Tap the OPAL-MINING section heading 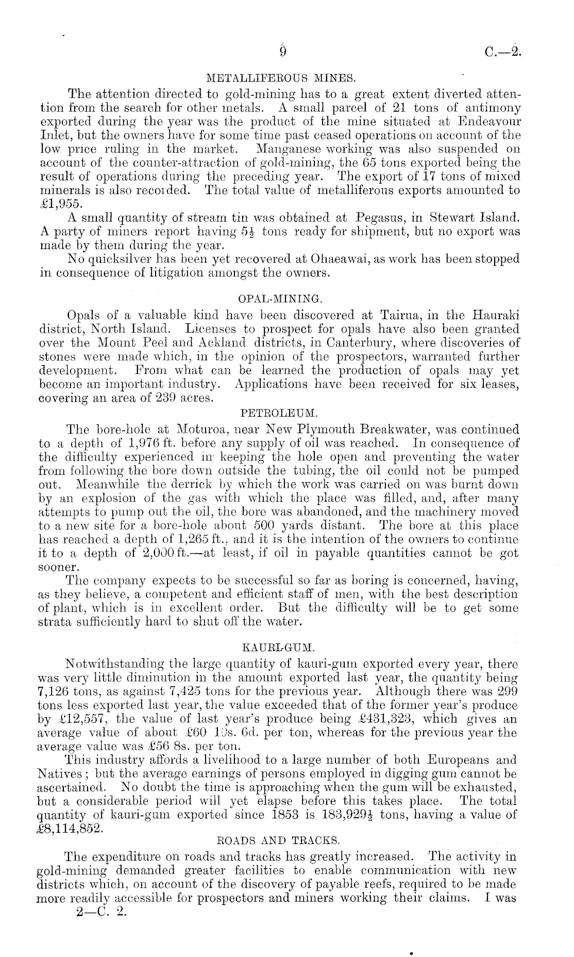point(280,299)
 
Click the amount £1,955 point(59,204)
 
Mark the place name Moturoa point(201,430)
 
